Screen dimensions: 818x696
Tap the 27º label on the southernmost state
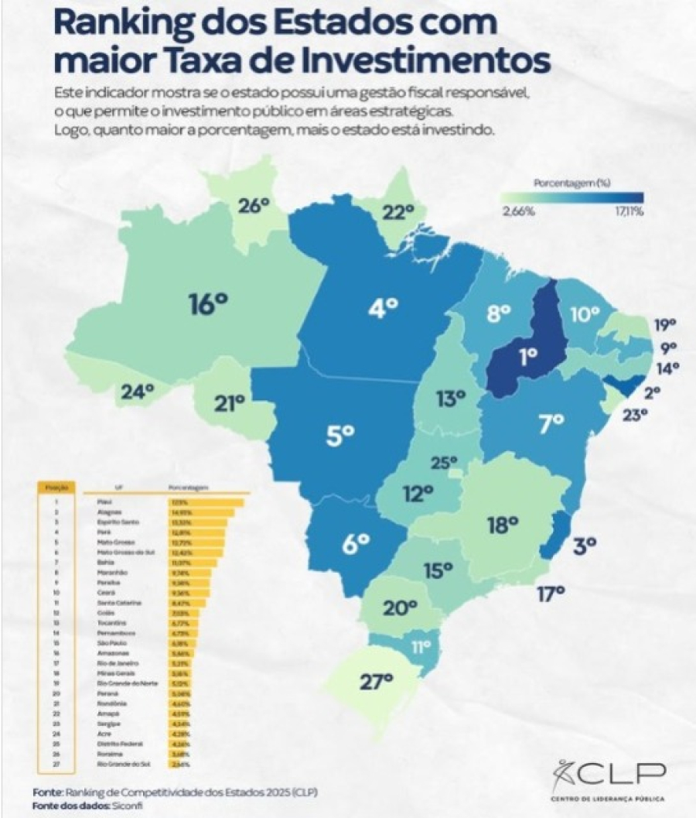[377, 681]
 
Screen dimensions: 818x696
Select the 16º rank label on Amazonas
[208, 304]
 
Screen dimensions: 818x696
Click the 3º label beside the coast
[584, 546]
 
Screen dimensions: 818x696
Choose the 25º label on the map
[445, 464]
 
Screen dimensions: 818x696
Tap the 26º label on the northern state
[253, 206]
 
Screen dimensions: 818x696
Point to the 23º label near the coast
[634, 416]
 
